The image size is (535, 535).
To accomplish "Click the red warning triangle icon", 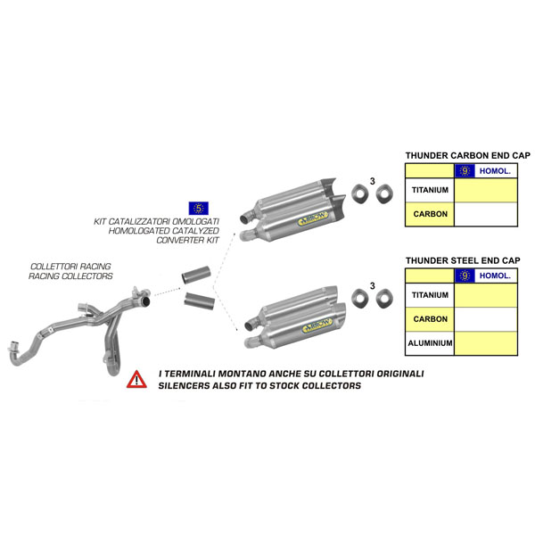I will tap(136, 379).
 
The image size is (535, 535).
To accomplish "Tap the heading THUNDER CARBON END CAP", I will tap(460, 155).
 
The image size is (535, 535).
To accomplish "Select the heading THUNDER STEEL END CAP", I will tap(460, 260).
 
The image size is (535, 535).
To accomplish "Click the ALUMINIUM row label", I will tap(430, 343).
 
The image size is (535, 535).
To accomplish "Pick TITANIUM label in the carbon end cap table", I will tap(430, 190).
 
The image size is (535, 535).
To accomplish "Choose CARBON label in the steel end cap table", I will tap(430, 318).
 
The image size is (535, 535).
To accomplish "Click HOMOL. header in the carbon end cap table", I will tap(495, 170).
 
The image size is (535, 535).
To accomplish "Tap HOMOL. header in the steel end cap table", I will tap(495, 276).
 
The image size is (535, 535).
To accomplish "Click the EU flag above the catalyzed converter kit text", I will tap(198, 209).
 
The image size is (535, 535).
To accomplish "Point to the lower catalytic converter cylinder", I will tap(200, 300).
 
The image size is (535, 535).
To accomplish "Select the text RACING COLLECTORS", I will tap(70, 276).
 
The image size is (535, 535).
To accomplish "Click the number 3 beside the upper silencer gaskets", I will tap(372, 182).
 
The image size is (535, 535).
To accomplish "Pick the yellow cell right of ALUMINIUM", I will tap(485, 343).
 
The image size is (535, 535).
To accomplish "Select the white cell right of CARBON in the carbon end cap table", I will tap(485, 215).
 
